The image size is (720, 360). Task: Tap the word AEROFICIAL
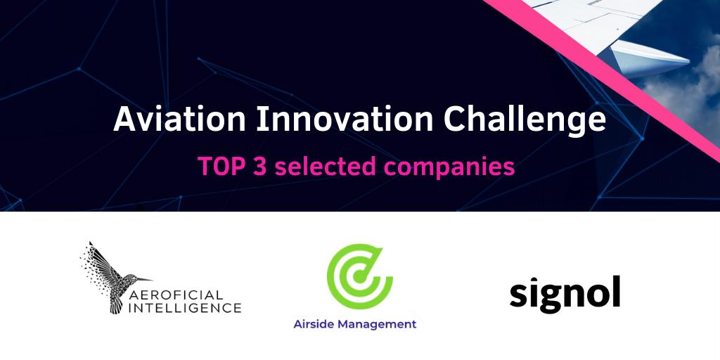184,294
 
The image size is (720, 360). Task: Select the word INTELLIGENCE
184,307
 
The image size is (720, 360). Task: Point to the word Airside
314,324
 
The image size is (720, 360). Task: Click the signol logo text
565,293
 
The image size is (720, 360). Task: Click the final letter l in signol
616,290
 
